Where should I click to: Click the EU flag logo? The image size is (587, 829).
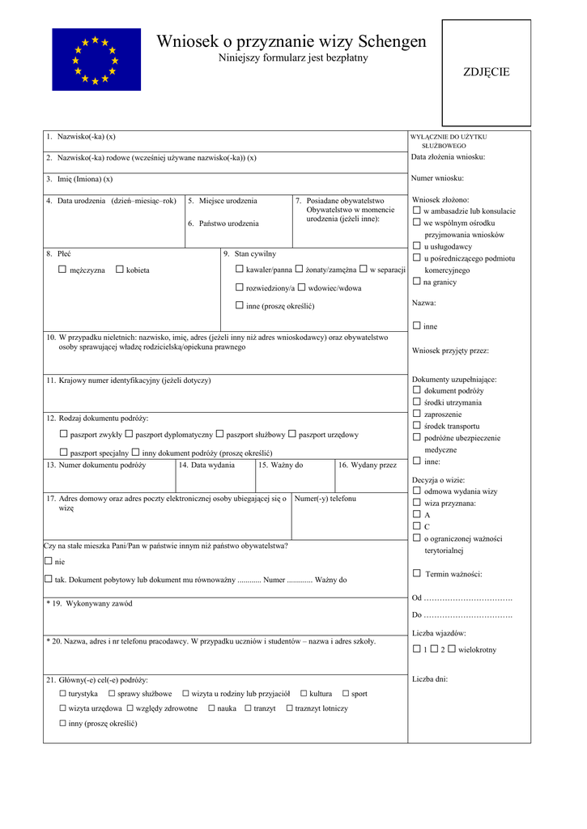pyautogui.click(x=96, y=59)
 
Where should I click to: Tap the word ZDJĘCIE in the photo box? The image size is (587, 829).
pyautogui.click(x=486, y=72)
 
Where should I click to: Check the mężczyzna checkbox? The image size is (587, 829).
pyautogui.click(x=62, y=270)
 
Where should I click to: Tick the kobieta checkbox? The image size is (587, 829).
pyautogui.click(x=120, y=270)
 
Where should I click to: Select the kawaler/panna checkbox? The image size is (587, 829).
pyautogui.click(x=240, y=269)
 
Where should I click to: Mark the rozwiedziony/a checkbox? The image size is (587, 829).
pyautogui.click(x=240, y=287)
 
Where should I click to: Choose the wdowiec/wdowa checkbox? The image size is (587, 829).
pyautogui.click(x=301, y=287)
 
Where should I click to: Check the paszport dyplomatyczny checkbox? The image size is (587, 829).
pyautogui.click(x=129, y=434)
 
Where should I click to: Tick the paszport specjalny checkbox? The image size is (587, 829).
pyautogui.click(x=63, y=453)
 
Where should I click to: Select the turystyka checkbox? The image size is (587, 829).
pyautogui.click(x=62, y=694)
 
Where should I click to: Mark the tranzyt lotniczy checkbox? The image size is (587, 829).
pyautogui.click(x=289, y=708)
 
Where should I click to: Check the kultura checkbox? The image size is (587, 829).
pyautogui.click(x=304, y=694)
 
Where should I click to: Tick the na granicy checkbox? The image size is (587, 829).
pyautogui.click(x=417, y=281)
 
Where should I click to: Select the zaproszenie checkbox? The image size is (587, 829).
pyautogui.click(x=417, y=414)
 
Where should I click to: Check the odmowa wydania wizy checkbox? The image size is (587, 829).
pyautogui.click(x=417, y=491)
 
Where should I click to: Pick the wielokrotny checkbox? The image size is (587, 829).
pyautogui.click(x=452, y=649)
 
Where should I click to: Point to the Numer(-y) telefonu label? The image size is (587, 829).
pyautogui.click(x=325, y=499)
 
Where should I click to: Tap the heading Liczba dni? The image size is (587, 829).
pyautogui.click(x=429, y=679)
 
